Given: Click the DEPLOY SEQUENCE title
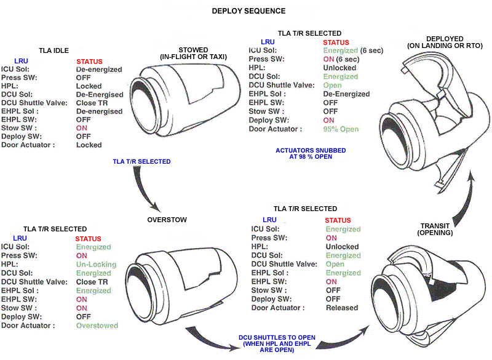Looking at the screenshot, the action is click(x=248, y=11).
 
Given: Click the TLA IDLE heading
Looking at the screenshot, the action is click(x=54, y=50).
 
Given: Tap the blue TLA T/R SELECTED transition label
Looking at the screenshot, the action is click(x=141, y=162).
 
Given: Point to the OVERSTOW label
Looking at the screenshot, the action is click(x=167, y=220).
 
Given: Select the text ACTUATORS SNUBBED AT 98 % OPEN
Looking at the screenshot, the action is click(x=311, y=153).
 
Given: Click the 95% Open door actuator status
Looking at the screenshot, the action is click(x=341, y=129).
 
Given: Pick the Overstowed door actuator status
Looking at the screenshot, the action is click(x=97, y=326).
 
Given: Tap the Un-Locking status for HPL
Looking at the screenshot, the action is click(x=96, y=264).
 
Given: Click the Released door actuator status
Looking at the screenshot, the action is click(x=342, y=308).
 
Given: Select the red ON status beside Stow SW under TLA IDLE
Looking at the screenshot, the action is click(x=82, y=128).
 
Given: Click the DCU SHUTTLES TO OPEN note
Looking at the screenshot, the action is click(x=277, y=343).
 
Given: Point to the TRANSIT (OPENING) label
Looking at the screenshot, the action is click(x=435, y=230).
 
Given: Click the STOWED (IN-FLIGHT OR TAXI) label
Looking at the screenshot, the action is click(x=193, y=54).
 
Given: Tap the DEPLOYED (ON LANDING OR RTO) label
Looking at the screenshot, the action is click(x=445, y=42).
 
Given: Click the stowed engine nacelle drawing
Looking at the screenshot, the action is click(x=185, y=100).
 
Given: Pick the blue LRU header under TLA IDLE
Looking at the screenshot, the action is click(x=21, y=61).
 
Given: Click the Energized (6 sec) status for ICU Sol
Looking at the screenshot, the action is click(x=353, y=50).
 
